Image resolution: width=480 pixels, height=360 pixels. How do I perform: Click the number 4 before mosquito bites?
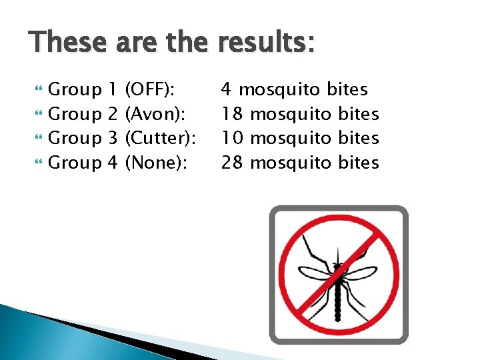pyautogui.click(x=227, y=89)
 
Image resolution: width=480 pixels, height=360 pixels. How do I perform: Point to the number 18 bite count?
pyautogui.click(x=232, y=113)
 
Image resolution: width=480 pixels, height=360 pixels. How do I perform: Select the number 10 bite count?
pyautogui.click(x=232, y=138)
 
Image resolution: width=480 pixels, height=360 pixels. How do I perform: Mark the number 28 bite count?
pyautogui.click(x=232, y=163)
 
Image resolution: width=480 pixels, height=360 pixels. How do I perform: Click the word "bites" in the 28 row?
pyautogui.click(x=359, y=163)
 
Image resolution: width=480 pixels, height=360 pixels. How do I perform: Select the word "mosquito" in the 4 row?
pyautogui.click(x=281, y=89)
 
